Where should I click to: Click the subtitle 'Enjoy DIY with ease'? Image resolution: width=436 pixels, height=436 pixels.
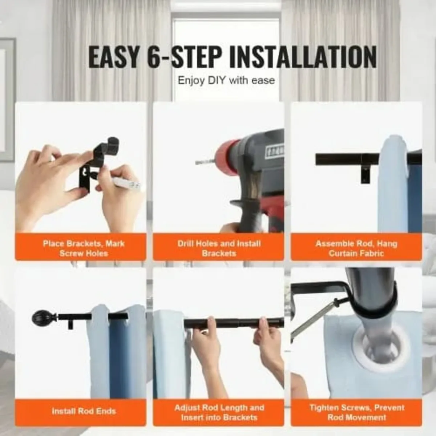point(226,80)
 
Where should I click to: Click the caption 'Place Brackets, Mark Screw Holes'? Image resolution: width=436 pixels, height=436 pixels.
point(84,248)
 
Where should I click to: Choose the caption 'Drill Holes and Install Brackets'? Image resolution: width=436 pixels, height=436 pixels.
point(219,248)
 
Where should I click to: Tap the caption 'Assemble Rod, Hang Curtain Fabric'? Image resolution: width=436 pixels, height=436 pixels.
point(356,248)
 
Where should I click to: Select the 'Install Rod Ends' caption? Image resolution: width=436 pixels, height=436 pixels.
point(84,411)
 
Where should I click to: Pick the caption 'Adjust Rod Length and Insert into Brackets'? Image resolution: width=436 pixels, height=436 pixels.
point(219,412)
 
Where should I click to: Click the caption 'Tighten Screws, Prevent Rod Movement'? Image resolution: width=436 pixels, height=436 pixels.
point(356,412)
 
